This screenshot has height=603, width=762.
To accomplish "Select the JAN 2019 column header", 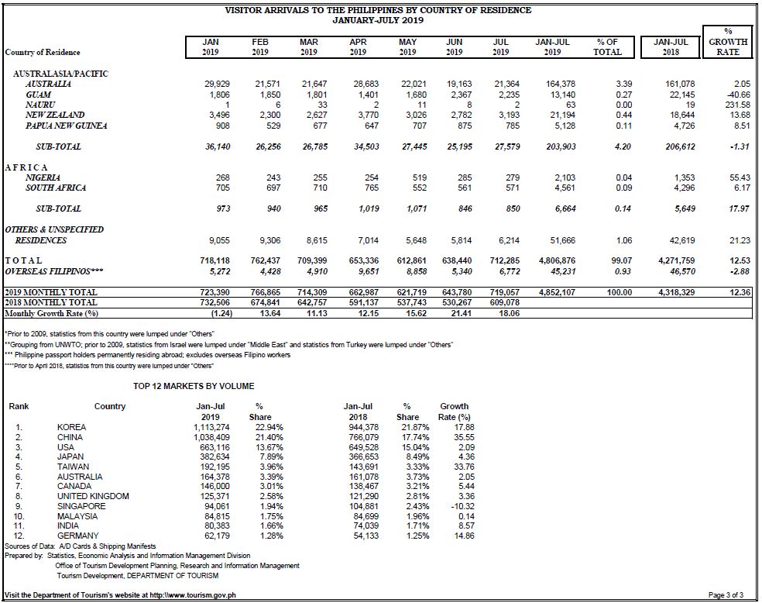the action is pyautogui.click(x=211, y=47).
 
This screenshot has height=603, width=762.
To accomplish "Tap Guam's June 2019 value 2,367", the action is pyautogui.click(x=461, y=95).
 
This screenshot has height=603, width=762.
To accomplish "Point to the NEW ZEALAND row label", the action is pyautogui.click(x=55, y=115).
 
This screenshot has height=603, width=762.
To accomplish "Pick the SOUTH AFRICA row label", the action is pyautogui.click(x=56, y=188).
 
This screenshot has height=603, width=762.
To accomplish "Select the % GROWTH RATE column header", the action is pyautogui.click(x=728, y=42).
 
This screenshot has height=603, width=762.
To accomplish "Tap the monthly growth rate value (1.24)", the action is pyautogui.click(x=221, y=313).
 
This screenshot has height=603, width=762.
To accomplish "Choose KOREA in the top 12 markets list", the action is pyautogui.click(x=71, y=427).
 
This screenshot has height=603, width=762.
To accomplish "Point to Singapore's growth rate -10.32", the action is pyautogui.click(x=462, y=506).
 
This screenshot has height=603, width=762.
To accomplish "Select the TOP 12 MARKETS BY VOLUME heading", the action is pyautogui.click(x=194, y=386).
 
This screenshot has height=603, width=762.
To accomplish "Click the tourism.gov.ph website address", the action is pyautogui.click(x=193, y=594).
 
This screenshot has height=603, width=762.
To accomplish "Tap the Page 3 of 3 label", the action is pyautogui.click(x=726, y=594).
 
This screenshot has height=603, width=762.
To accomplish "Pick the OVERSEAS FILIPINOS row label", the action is pyautogui.click(x=54, y=271).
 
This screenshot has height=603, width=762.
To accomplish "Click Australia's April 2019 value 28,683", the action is pyautogui.click(x=366, y=84).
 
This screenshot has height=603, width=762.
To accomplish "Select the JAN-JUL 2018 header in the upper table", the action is pyautogui.click(x=671, y=47).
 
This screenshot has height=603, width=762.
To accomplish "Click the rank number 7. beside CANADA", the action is pyautogui.click(x=19, y=486).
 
